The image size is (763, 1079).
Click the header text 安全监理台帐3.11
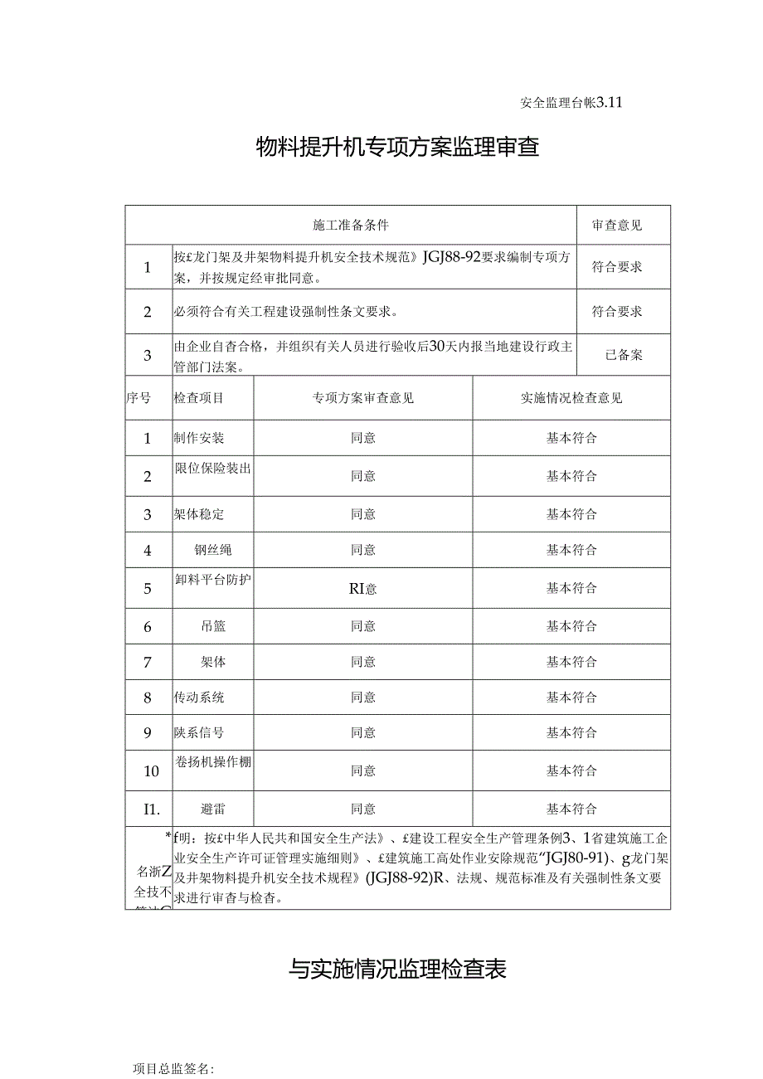[571, 104]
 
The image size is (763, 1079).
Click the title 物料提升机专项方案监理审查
[398, 148]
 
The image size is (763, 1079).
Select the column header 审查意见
[617, 225]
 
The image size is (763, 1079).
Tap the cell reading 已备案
[624, 355]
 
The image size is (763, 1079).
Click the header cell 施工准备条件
[351, 225]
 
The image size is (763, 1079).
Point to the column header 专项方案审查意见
[363, 398]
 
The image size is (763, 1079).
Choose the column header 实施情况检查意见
[571, 398]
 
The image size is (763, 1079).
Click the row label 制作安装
[199, 438]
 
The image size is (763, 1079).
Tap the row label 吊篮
[212, 627]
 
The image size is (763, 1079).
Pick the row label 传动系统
[199, 697]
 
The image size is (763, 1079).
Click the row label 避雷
[212, 809]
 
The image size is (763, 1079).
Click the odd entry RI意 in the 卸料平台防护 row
[363, 589]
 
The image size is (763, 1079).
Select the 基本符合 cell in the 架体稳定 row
[571, 514]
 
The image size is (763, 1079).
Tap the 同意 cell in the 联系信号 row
[363, 733]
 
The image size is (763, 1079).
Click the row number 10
[151, 771]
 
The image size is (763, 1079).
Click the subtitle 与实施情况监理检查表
[398, 968]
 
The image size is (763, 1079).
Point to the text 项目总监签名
[173, 1069]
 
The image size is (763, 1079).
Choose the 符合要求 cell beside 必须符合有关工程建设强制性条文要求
[617, 312]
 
